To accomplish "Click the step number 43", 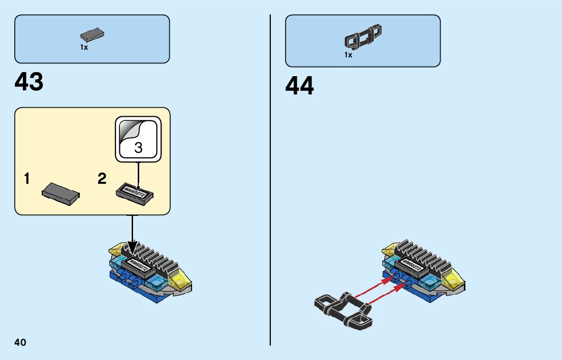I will click(29, 82).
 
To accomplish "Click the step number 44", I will click(300, 86).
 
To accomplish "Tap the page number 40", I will click(20, 342).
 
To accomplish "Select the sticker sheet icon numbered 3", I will click(138, 139).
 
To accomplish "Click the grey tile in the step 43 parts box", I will click(92, 36).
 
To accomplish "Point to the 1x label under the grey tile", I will click(84, 47).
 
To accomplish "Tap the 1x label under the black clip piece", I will click(348, 55).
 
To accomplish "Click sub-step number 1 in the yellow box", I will click(26, 179).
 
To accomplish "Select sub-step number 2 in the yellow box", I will click(102, 179).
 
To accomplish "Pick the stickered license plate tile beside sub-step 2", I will click(135, 193).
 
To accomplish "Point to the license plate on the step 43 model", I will click(137, 264).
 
